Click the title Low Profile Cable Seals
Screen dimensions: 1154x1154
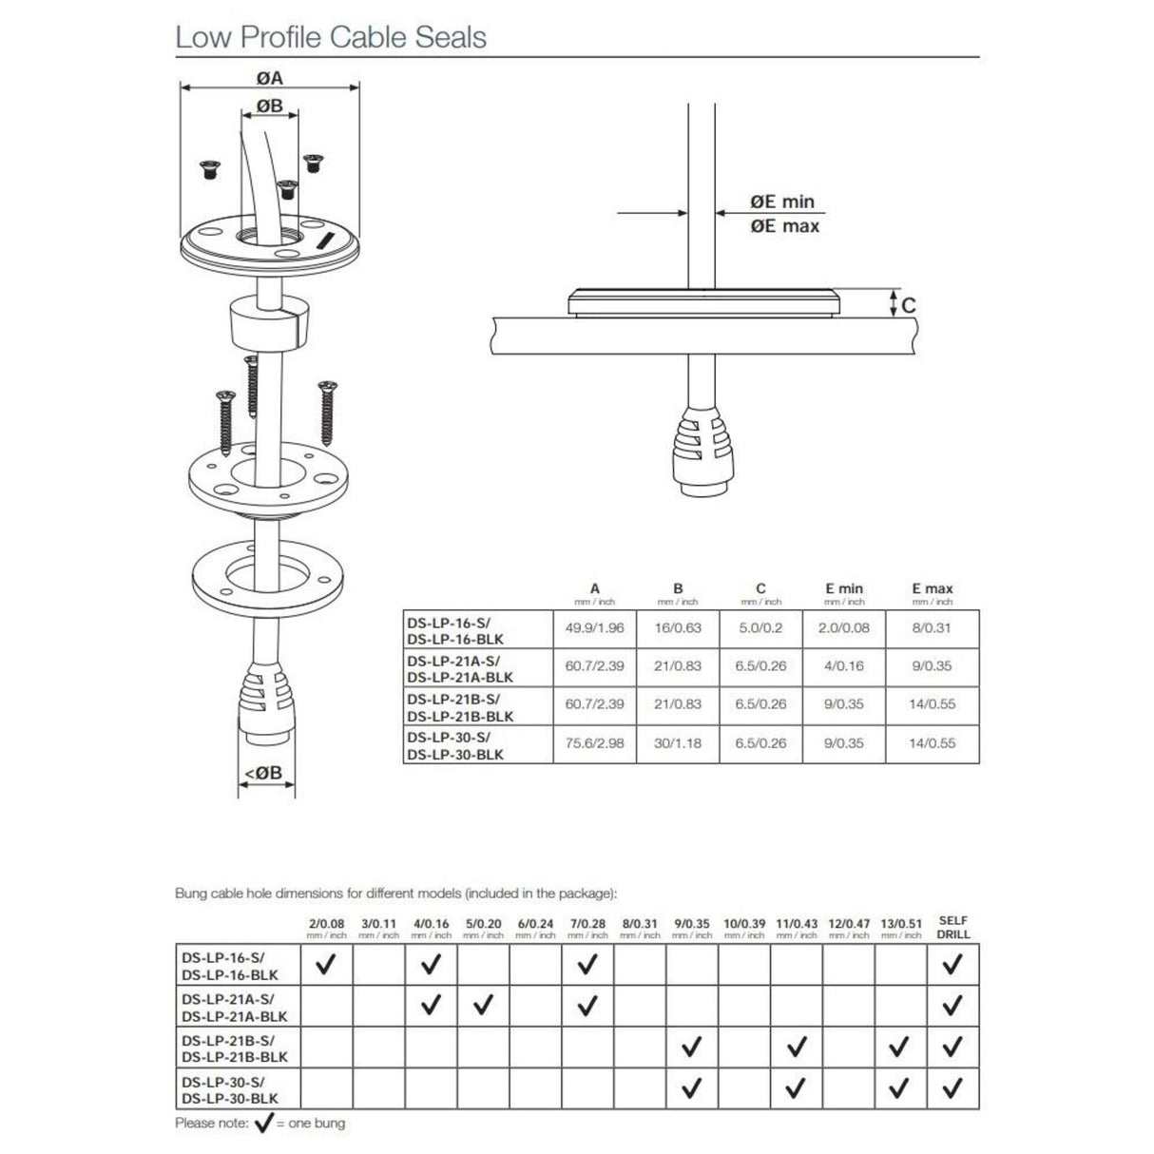tap(330, 37)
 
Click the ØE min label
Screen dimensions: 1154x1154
tap(782, 202)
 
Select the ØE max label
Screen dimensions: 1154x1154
tap(784, 226)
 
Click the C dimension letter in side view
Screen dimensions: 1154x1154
tap(909, 305)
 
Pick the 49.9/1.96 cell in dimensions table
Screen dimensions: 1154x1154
tap(594, 628)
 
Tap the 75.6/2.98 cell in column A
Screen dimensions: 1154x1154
tap(594, 743)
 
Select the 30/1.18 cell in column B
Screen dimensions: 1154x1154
tap(678, 743)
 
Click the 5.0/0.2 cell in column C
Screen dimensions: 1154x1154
tap(760, 628)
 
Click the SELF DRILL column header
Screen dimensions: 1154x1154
tap(952, 928)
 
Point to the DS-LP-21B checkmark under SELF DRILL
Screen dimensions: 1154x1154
tap(952, 1047)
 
